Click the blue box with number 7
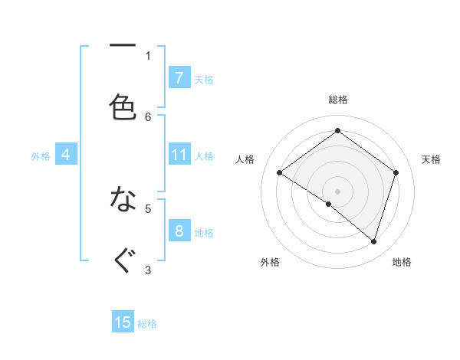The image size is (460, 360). pyautogui.click(x=179, y=77)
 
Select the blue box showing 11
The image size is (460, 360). pyautogui.click(x=179, y=155)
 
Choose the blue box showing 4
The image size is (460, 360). pyautogui.click(x=66, y=155)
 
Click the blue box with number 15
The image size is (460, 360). pyautogui.click(x=123, y=322)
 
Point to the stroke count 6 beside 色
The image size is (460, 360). pyautogui.click(x=148, y=116)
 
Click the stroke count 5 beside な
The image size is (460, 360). pyautogui.click(x=148, y=208)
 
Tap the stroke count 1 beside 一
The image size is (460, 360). pyautogui.click(x=148, y=55)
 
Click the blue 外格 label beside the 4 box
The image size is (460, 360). pyautogui.click(x=41, y=156)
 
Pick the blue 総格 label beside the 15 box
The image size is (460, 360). pyautogui.click(x=147, y=324)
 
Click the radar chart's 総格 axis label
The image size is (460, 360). pyautogui.click(x=337, y=100)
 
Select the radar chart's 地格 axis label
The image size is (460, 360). pyautogui.click(x=402, y=262)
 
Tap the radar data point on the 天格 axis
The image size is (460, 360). pyautogui.click(x=396, y=172)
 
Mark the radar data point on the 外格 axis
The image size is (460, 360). pyautogui.click(x=329, y=204)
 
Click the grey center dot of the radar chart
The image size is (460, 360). pyautogui.click(x=337, y=191)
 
